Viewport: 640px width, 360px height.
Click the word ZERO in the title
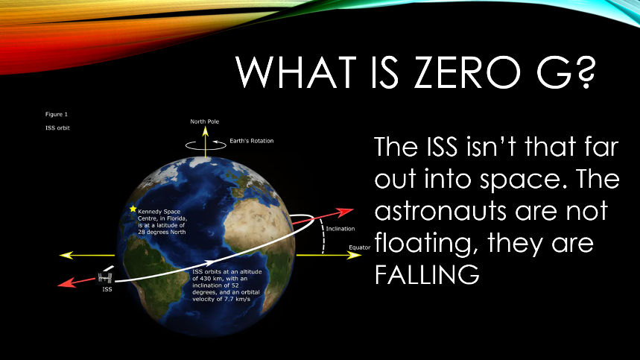pos(466,72)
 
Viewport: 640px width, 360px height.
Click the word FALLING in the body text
pos(427,275)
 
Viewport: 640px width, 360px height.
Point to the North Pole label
pos(204,121)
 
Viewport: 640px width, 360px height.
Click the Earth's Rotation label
pos(251,141)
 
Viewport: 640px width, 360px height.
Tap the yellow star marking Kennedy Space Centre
pos(133,209)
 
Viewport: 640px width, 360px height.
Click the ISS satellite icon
pos(105,278)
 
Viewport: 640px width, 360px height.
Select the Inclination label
pos(340,229)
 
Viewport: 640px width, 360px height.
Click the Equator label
pos(360,247)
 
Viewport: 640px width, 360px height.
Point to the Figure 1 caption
pos(57,114)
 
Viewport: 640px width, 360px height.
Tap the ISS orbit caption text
pos(57,127)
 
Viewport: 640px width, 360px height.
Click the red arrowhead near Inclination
pos(345,212)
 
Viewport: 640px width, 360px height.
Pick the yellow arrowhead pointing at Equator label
pos(353,256)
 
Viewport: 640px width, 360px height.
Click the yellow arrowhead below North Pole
pos(206,131)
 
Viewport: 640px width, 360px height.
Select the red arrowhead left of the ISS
pos(66,283)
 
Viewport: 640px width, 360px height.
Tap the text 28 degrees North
pos(162,232)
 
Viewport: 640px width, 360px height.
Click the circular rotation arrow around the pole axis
pos(206,145)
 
